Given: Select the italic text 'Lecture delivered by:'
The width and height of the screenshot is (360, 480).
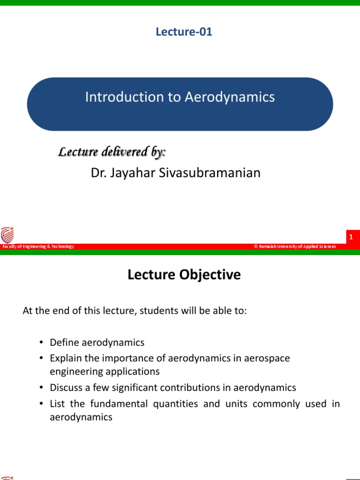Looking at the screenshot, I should click(x=112, y=152).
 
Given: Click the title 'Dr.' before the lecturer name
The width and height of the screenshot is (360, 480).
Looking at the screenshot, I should click(x=99, y=173).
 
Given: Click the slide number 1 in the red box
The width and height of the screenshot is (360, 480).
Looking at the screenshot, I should click(x=350, y=238).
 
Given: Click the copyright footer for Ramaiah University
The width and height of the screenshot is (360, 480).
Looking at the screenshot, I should click(x=295, y=247).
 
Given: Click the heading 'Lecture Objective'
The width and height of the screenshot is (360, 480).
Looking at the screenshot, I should click(x=184, y=275).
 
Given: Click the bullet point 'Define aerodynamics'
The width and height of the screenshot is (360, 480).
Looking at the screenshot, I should click(x=97, y=342).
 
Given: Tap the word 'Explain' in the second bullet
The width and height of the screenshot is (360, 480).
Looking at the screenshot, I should click(x=65, y=358).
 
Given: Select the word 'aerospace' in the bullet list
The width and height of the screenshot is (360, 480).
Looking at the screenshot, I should click(x=270, y=358).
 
